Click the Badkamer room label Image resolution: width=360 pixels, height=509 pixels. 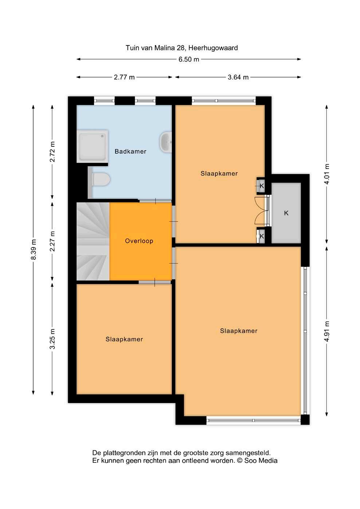click(x=130, y=151)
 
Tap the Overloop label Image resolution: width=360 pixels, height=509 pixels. click(x=139, y=241)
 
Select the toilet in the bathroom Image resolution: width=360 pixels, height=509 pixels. click(x=100, y=179)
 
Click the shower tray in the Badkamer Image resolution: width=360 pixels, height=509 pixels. click(x=92, y=146)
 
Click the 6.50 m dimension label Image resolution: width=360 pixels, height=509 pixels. click(x=189, y=60)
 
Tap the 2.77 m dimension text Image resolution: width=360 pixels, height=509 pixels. click(x=124, y=77)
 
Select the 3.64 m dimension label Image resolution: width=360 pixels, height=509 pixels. click(x=238, y=77)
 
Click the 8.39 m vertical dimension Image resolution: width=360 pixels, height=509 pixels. click(x=34, y=249)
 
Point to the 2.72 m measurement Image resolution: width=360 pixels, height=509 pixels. click(x=52, y=151)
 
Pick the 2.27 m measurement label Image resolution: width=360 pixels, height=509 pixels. click(x=52, y=241)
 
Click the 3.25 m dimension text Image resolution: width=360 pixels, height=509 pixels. click(x=52, y=339)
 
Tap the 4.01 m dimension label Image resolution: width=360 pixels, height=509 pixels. click(x=327, y=174)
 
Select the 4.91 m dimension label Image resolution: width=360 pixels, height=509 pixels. click(x=327, y=332)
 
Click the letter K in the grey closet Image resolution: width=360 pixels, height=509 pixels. click(x=286, y=213)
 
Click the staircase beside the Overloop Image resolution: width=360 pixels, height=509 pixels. click(x=93, y=241)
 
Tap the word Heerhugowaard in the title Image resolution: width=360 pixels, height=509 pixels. click(x=213, y=48)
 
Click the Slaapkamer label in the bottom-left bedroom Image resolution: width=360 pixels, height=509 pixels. click(x=124, y=339)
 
